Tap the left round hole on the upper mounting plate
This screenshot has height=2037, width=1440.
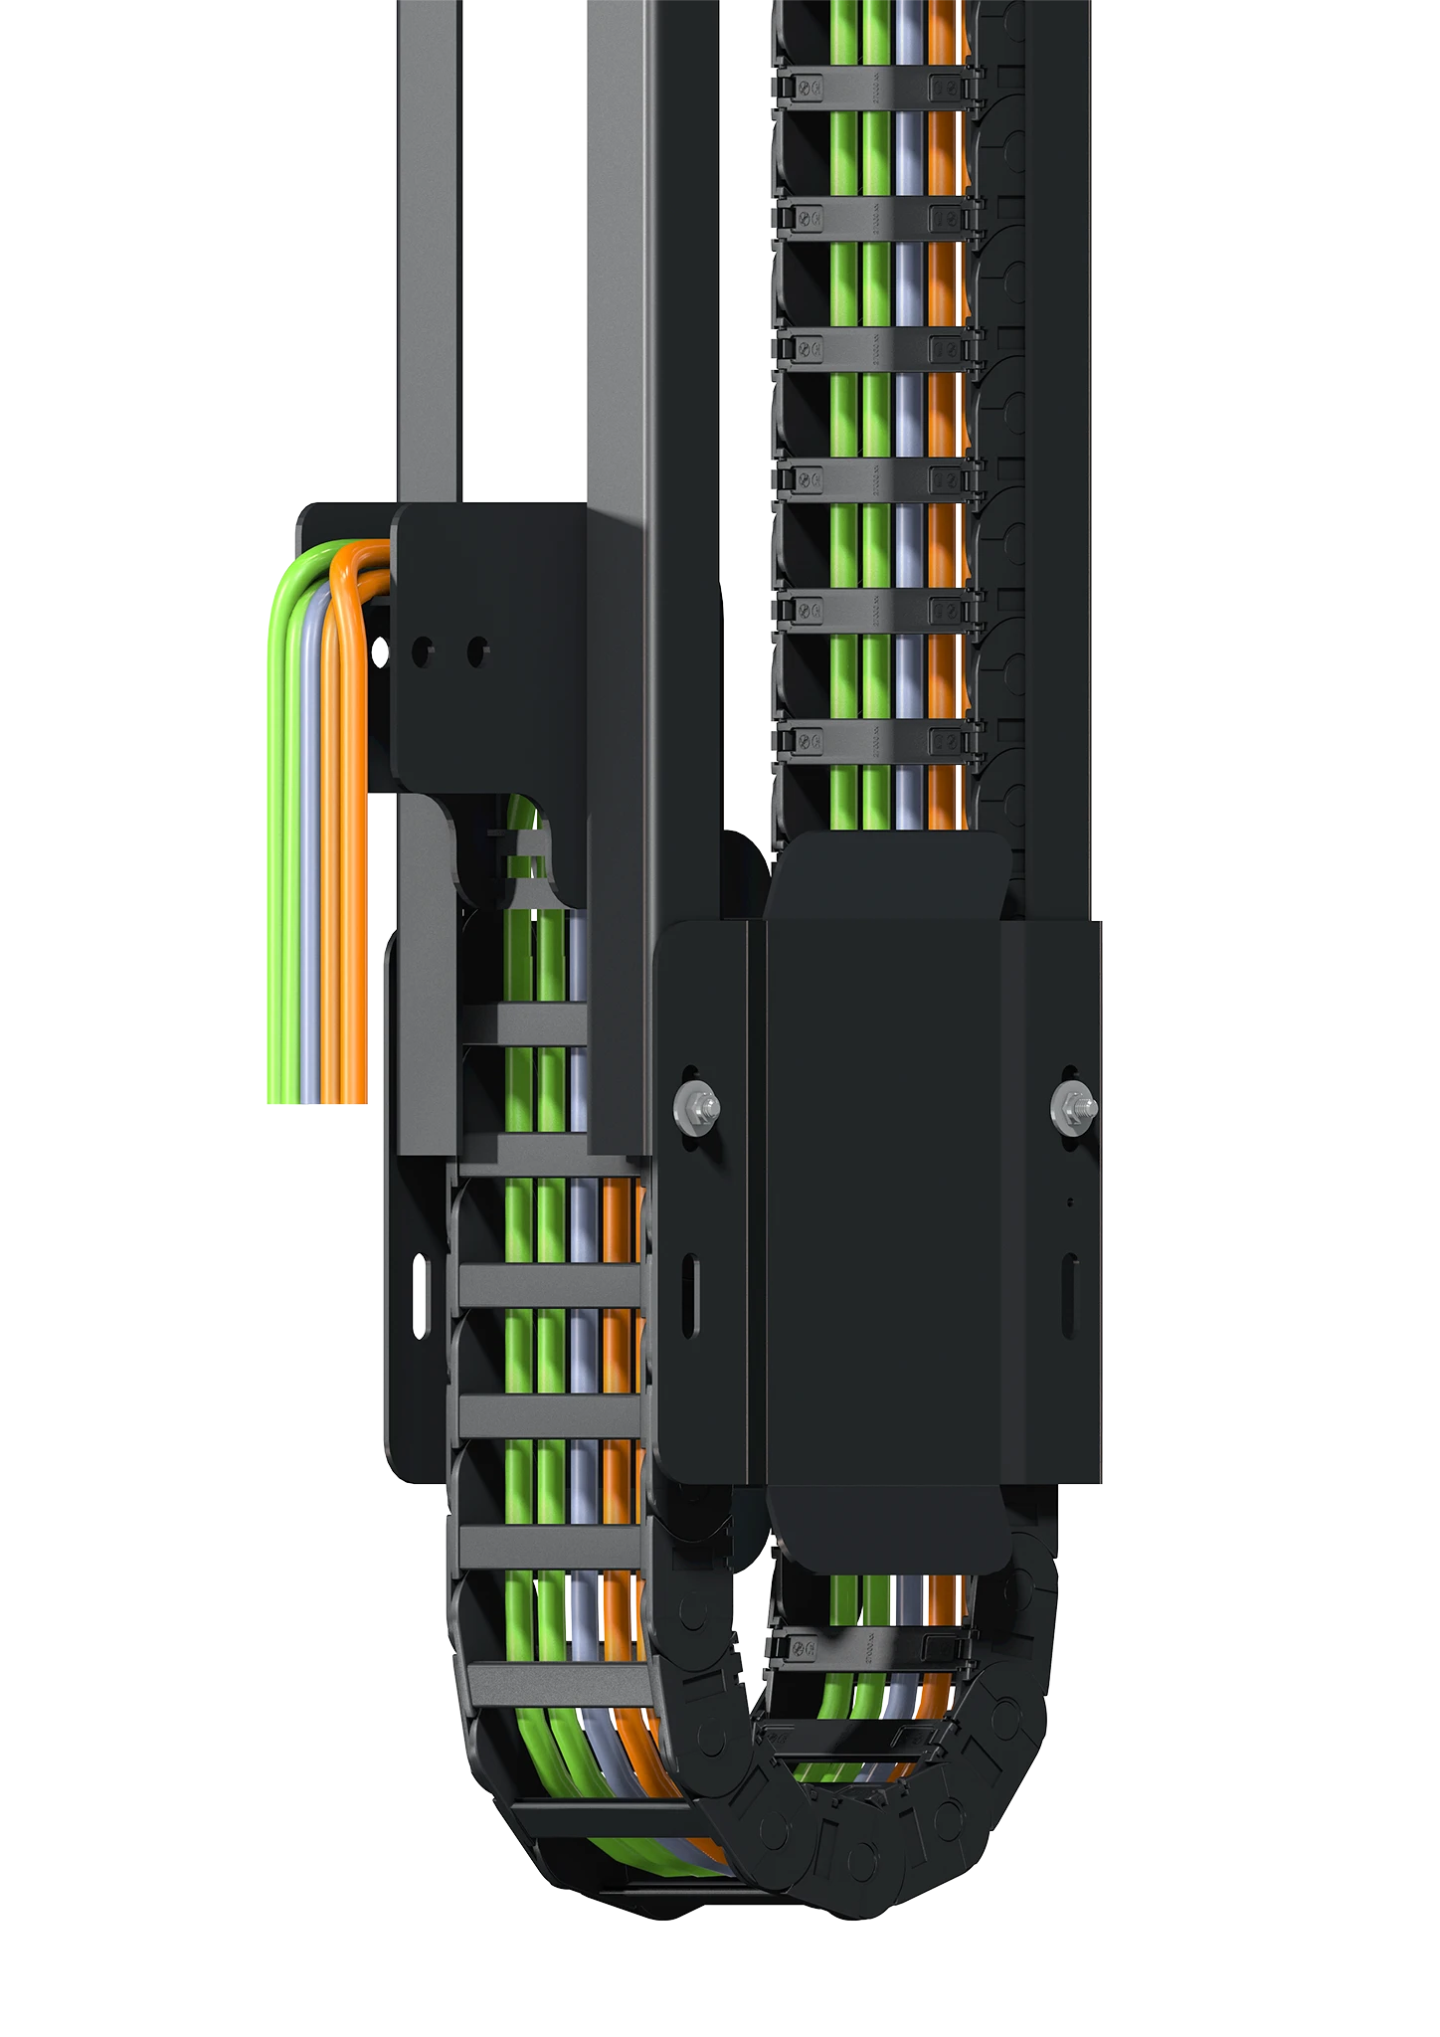[421, 651]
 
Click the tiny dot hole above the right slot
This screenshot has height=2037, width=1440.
[1070, 1203]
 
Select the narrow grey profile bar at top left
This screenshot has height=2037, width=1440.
[430, 249]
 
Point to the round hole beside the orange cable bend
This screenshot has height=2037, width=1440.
[379, 651]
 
